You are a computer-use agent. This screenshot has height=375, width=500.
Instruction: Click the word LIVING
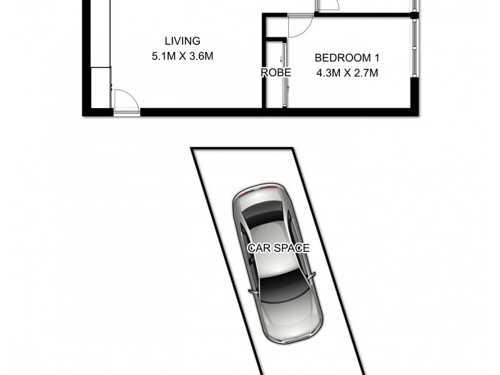click(182, 41)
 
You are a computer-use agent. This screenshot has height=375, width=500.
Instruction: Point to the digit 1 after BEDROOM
click(376, 58)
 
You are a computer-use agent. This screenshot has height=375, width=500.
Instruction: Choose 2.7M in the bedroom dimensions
click(366, 72)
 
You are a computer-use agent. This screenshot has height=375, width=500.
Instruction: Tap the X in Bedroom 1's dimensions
click(347, 72)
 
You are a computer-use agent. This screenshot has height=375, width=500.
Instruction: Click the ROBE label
click(276, 72)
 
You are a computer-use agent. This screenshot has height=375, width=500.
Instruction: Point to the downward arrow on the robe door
click(281, 58)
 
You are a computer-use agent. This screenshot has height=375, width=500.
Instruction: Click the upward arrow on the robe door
click(288, 88)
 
